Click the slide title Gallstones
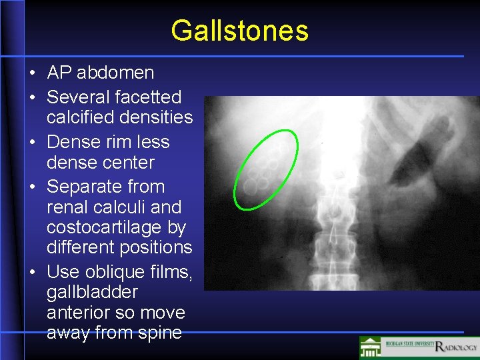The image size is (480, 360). (x=239, y=31)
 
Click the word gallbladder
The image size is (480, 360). (x=92, y=292)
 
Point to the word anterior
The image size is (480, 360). (x=79, y=313)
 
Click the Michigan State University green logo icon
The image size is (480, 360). (x=370, y=347)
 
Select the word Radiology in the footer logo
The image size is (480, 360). (x=456, y=347)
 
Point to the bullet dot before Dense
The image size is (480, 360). (x=32, y=143)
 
